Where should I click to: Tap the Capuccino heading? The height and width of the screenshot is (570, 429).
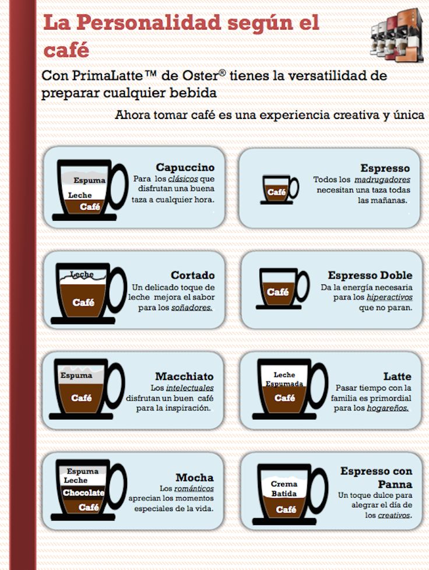click(x=185, y=167)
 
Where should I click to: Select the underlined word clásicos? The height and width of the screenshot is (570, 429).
click(x=183, y=179)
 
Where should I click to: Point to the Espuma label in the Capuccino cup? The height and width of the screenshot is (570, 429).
click(x=89, y=180)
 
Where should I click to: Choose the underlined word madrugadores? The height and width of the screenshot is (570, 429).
click(x=382, y=180)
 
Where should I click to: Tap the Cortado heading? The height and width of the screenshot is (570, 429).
click(x=193, y=275)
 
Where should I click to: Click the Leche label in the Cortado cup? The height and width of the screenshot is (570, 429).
click(x=82, y=274)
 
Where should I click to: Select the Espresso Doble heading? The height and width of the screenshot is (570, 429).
click(x=370, y=275)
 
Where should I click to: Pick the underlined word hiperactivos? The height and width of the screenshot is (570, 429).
click(x=389, y=297)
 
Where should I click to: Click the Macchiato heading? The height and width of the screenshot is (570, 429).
click(x=184, y=377)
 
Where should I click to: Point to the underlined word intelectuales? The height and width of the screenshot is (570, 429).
click(x=190, y=388)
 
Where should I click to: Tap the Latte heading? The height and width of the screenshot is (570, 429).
click(x=398, y=377)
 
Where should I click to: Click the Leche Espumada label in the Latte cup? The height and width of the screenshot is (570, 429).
click(x=284, y=379)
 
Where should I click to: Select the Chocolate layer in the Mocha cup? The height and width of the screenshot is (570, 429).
click(x=83, y=493)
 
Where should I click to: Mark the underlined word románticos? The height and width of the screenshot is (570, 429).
click(x=194, y=489)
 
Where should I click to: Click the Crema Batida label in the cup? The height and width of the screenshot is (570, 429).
click(x=284, y=489)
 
